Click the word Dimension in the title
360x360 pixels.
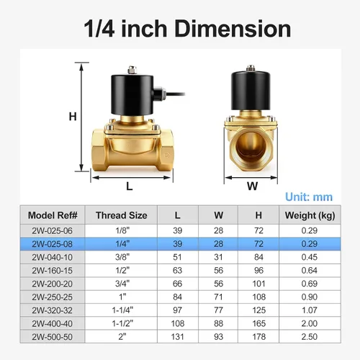pos(233,29)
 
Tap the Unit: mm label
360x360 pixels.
pos(309,197)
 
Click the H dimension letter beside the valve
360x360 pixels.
pos(73,117)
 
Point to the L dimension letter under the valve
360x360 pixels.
pos(130,186)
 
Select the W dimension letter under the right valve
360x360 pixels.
pos(252,186)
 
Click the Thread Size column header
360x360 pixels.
pos(122,215)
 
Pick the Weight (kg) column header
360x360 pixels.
pos(310,215)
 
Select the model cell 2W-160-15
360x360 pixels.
pos(52,271)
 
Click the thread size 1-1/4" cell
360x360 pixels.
pos(122,310)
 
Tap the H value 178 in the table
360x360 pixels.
pos(258,337)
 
